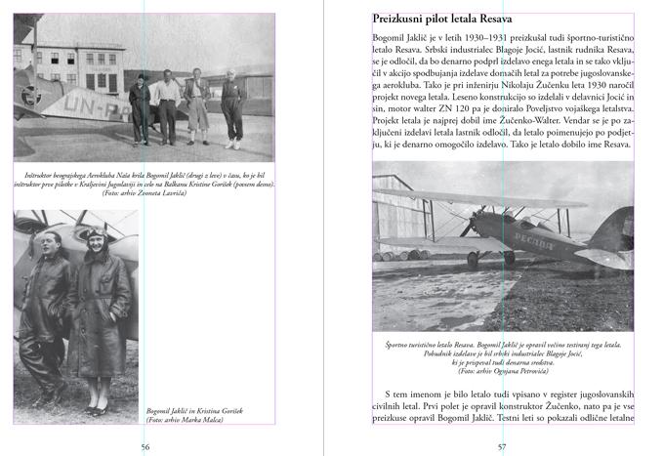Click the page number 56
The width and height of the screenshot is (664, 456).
pos(145,445)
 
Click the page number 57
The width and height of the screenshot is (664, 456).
pos(502,445)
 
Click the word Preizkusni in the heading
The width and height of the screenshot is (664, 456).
pos(404,19)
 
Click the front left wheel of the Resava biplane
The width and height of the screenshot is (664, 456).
pos(474,261)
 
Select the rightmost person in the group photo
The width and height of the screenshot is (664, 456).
pos(232,105)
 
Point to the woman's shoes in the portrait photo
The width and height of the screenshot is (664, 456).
pos(96,409)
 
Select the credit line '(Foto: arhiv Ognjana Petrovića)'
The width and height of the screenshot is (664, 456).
pos(502,371)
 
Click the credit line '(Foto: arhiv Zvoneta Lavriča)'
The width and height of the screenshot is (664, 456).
pos(145,192)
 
